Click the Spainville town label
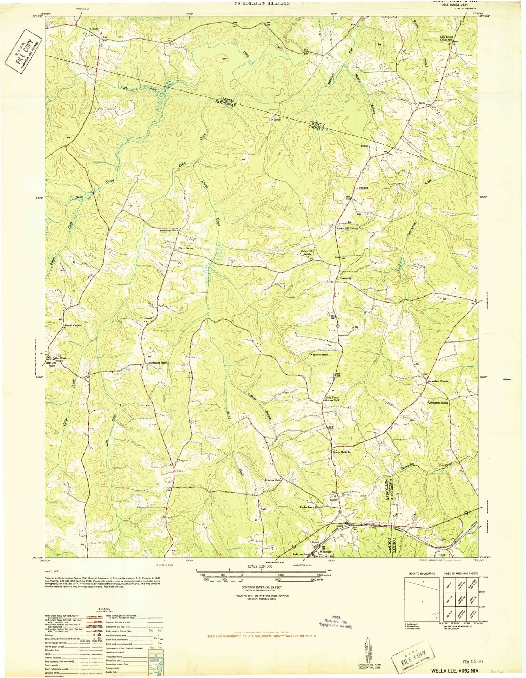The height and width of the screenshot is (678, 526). point(345,278)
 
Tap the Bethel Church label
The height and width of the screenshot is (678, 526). point(73,325)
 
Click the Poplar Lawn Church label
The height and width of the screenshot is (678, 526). point(311,507)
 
